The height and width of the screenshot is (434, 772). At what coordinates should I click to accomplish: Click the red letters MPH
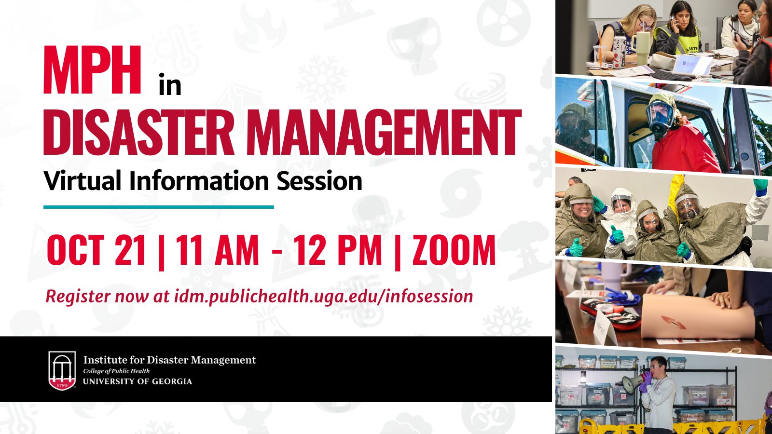[92, 69]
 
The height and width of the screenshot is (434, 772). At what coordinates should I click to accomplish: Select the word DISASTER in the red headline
[139, 132]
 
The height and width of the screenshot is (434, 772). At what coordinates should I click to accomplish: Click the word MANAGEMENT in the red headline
[383, 132]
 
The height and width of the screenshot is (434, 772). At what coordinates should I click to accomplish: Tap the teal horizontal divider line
[159, 207]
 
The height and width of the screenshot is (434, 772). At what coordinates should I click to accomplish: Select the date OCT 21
[96, 250]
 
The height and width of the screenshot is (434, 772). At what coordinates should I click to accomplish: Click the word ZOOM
[454, 250]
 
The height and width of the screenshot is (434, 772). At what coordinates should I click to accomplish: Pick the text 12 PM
[337, 250]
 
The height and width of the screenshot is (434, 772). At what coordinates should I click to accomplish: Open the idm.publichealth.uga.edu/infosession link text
[323, 296]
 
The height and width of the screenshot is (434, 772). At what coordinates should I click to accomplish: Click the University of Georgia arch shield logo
[62, 371]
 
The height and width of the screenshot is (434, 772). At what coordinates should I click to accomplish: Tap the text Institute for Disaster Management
[169, 360]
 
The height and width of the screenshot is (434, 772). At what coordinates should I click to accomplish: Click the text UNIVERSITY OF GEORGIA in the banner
[138, 381]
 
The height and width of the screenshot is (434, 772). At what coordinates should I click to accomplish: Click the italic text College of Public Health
[116, 371]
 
